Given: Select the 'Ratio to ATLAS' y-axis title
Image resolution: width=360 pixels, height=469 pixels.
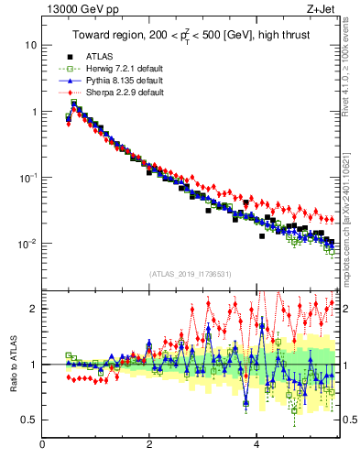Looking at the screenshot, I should pos(14,364).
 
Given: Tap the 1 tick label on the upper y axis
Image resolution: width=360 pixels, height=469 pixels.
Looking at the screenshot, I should pos(33,112).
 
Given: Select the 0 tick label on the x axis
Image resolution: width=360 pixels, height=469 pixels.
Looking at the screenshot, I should pos(43,446).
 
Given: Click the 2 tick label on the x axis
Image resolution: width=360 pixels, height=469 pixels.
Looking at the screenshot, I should pos(149,446).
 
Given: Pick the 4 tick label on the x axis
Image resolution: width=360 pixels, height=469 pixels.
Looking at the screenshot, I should pos(256,446).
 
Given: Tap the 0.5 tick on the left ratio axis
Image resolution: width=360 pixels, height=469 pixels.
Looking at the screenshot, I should pos(30,420).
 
